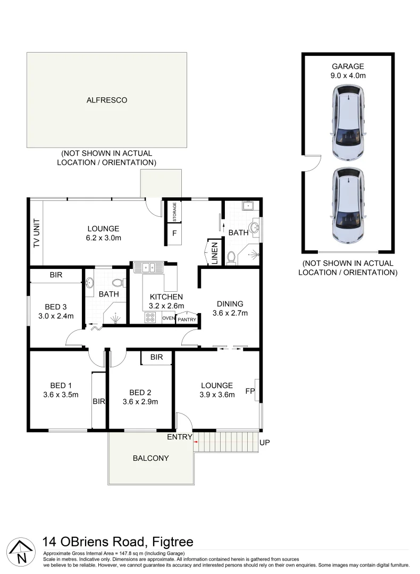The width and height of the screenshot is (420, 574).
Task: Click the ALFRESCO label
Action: pos(106,100)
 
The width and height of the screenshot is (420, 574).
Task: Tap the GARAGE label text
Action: pos(348,66)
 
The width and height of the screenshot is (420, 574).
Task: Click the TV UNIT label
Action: pos(37,233)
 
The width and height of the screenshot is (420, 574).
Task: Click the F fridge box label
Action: pos(174,233)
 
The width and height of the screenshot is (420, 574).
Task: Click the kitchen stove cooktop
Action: pos(151,318)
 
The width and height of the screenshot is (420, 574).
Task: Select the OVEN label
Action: pos(168,318)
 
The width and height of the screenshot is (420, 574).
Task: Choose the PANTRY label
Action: pos(187,319)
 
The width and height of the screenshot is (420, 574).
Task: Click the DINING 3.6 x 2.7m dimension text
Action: pos(230,313)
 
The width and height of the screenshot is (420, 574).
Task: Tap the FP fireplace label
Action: pos(249,392)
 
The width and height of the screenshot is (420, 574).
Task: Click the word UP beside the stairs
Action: pos(265,442)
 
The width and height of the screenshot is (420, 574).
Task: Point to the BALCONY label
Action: pos(150,458)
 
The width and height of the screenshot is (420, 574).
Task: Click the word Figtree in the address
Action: pos(173,542)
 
